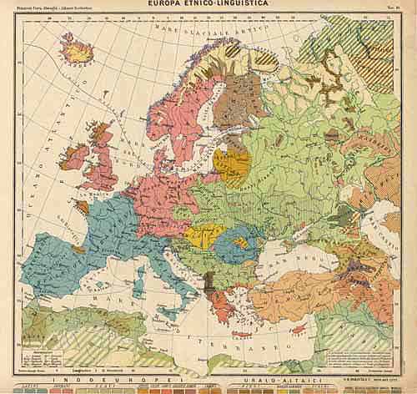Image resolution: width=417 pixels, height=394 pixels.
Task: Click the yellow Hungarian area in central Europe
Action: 198,235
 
